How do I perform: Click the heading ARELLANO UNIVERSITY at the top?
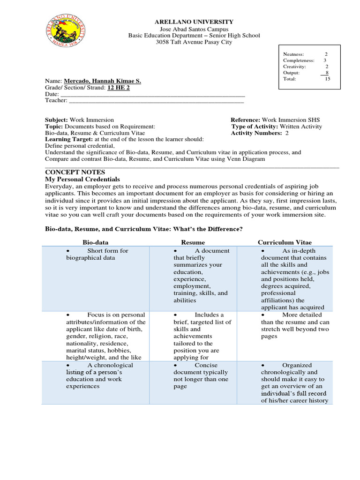(x=194, y=22)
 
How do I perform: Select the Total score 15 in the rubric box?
(x=328, y=79)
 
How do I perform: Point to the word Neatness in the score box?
(x=293, y=54)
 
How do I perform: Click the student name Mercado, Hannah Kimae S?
(x=102, y=81)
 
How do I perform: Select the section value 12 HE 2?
(x=119, y=88)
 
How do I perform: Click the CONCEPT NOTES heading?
(x=75, y=172)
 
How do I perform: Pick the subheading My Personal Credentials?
(x=82, y=180)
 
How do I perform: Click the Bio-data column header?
(x=96, y=242)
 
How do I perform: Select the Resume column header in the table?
(x=193, y=242)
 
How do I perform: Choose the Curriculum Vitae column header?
(x=285, y=242)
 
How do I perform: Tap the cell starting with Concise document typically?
(x=201, y=375)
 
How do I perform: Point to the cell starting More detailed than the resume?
(x=295, y=325)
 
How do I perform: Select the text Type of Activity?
(x=254, y=127)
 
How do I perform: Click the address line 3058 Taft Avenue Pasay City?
(x=194, y=42)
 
